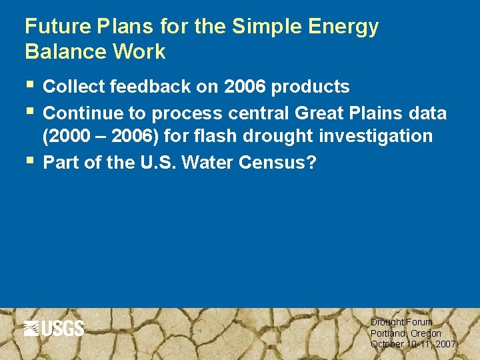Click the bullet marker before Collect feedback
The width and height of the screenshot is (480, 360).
[x=28, y=86]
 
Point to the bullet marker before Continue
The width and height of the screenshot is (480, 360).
[x=28, y=111]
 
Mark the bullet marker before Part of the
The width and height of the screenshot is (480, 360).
[x=28, y=161]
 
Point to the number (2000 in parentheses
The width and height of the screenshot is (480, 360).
[x=65, y=137]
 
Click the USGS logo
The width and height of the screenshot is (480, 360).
[x=54, y=328]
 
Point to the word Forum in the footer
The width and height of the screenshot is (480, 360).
[x=420, y=322]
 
